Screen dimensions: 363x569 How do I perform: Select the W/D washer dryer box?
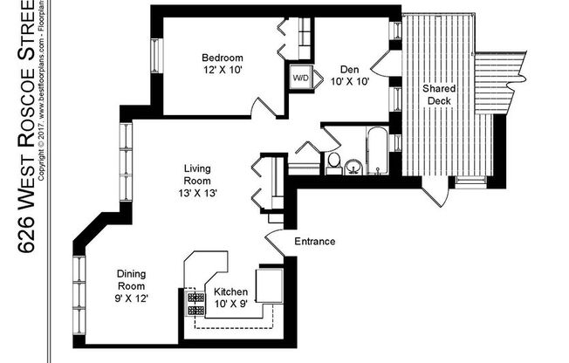(x=301, y=77)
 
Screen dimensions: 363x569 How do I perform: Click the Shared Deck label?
(x=437, y=95)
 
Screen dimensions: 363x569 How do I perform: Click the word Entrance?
(x=315, y=242)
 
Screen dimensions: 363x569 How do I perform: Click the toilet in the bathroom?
(x=332, y=162)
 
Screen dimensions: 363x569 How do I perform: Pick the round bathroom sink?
(x=353, y=166)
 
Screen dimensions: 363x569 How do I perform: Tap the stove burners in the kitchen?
(x=190, y=300)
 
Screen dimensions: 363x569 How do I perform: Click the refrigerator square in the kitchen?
(x=270, y=284)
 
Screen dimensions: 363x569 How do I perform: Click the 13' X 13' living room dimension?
(x=199, y=193)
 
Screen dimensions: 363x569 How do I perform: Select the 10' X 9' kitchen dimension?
(x=231, y=305)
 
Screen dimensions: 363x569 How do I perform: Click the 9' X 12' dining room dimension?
(x=132, y=298)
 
